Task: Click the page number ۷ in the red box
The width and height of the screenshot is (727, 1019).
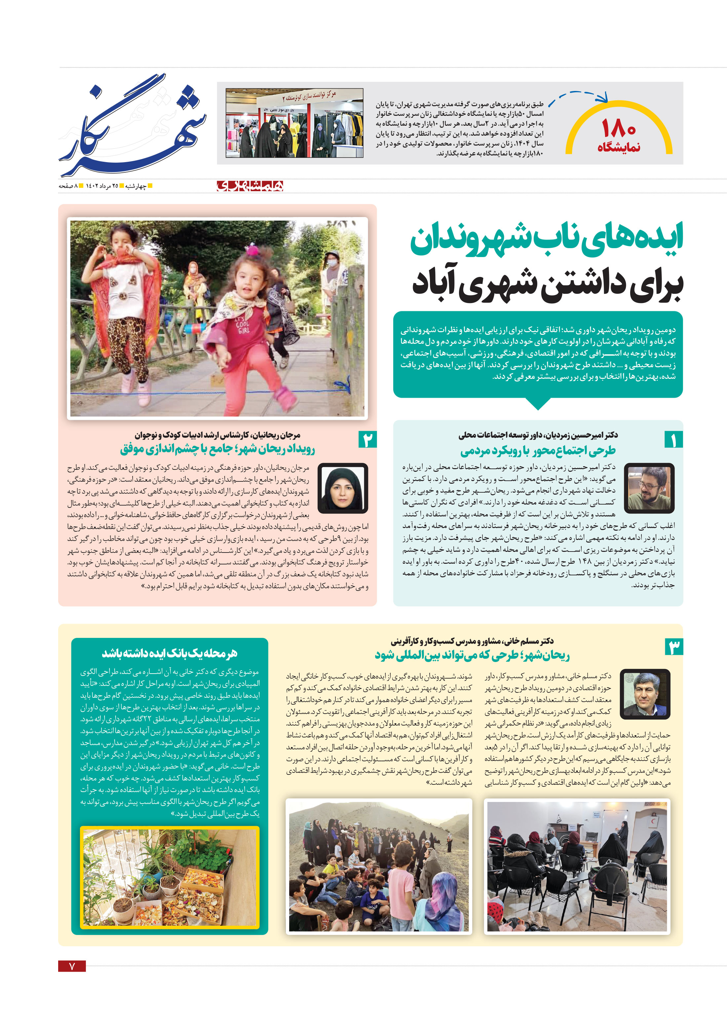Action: coord(72,966)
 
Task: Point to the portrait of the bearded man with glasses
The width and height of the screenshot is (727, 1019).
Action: coord(649,487)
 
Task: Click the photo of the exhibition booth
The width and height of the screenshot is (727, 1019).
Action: coord(294,123)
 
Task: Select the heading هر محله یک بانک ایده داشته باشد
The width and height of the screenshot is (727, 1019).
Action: coord(169,653)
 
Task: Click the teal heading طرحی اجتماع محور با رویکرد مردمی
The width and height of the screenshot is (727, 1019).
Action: coord(538,450)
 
